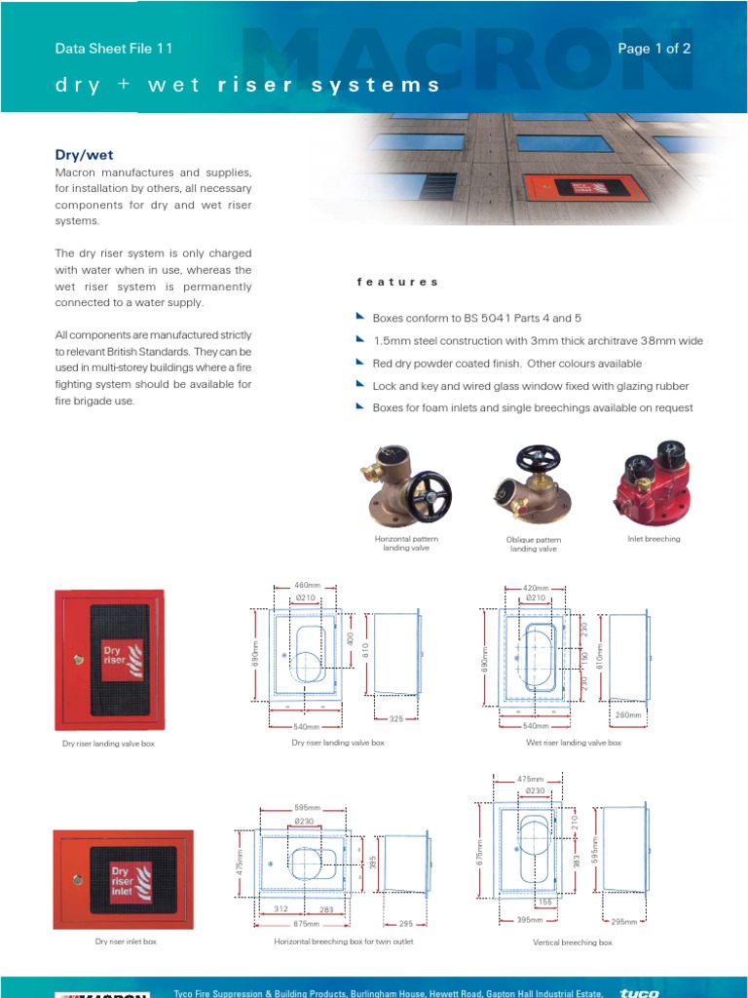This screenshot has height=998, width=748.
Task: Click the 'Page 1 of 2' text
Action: point(654,49)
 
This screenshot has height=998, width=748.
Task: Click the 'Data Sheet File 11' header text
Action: point(113,49)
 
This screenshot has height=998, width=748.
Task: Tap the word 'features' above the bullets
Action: point(397,282)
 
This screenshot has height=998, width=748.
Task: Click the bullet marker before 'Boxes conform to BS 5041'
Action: point(361,318)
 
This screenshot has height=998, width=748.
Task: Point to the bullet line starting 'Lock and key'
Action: point(526,386)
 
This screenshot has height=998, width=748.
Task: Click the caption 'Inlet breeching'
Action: point(654,539)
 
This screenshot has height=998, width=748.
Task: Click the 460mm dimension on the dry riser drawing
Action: point(307,586)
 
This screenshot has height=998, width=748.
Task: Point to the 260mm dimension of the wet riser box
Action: point(628,714)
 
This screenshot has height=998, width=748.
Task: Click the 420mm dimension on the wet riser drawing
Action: point(536,589)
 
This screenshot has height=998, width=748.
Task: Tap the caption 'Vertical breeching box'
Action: point(573,942)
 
